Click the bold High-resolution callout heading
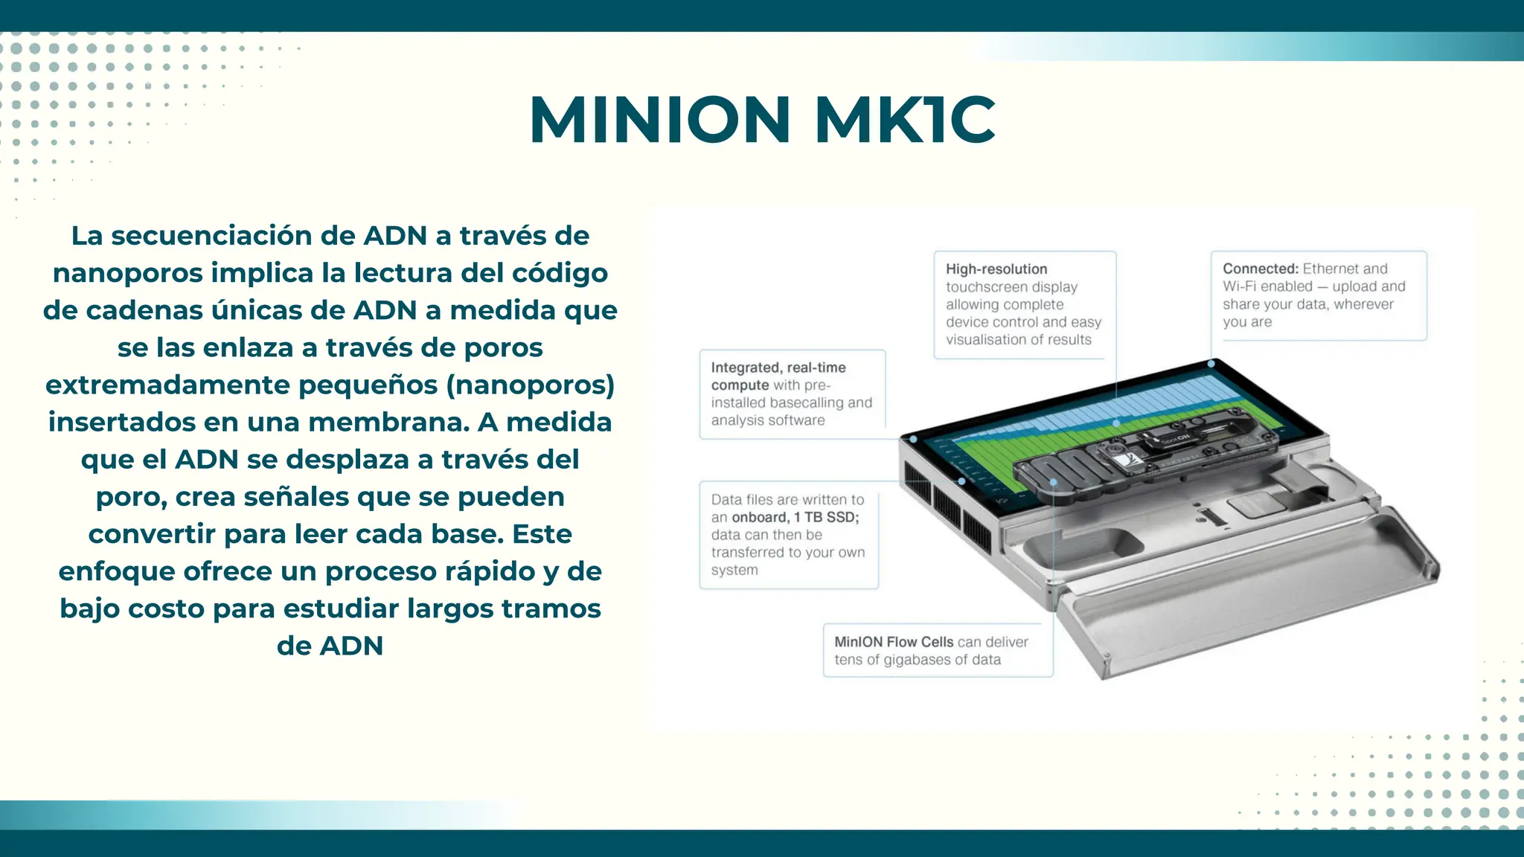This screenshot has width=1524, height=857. point(996,269)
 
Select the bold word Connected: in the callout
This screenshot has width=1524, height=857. point(1260,269)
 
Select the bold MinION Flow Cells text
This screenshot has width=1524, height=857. point(893,642)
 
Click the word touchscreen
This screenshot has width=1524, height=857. point(986,287)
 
